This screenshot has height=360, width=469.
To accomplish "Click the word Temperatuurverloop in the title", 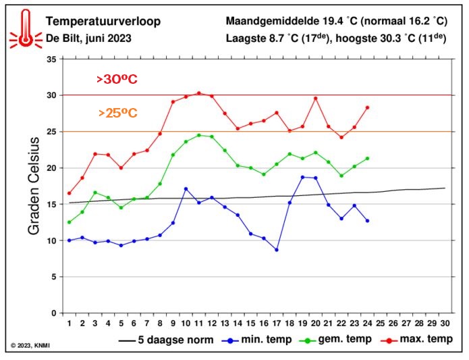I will click(103, 21).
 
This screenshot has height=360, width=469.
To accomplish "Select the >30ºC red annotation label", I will click(117, 80).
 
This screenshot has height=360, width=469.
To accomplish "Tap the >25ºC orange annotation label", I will click(117, 113).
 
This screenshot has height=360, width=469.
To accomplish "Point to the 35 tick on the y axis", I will click(51, 59).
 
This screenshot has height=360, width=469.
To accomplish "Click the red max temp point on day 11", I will click(198, 93).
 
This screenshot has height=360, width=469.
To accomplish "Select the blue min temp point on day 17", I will click(276, 249).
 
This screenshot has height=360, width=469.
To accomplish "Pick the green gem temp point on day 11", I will click(198, 135).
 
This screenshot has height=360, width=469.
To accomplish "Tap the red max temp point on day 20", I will click(315, 99).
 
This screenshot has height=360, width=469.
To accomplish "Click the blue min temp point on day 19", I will click(302, 177).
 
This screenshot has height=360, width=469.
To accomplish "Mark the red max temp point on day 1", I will click(69, 193).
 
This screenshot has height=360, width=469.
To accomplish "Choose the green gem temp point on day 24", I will click(367, 159).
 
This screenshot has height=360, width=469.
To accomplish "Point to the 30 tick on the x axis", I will click(445, 324).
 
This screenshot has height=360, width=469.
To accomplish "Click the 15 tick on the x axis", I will click(250, 324).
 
